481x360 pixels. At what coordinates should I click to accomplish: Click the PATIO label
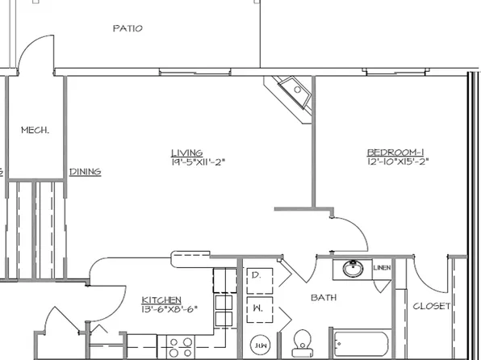[x=128, y=28]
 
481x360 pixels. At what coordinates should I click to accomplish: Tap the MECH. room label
[x=35, y=129]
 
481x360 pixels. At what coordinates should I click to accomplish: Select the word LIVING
[x=186, y=153]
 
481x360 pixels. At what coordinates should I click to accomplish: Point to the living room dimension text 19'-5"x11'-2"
[x=197, y=161]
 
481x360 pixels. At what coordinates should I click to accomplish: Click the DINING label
[x=85, y=171]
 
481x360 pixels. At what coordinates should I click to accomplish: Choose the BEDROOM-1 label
[x=395, y=152]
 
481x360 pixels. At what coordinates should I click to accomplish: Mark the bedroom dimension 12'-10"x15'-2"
[x=396, y=161]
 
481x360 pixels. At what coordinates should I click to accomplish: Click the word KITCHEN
[x=161, y=299]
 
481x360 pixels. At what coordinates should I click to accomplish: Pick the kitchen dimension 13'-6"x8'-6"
[x=169, y=308]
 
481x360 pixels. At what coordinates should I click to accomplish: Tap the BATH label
[x=324, y=298]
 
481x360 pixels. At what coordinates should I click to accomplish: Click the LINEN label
[x=382, y=268]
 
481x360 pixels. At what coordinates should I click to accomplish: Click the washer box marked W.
[x=257, y=308]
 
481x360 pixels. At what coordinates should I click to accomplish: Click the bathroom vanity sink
[x=353, y=269]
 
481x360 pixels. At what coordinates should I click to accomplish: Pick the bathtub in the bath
[x=363, y=345]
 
